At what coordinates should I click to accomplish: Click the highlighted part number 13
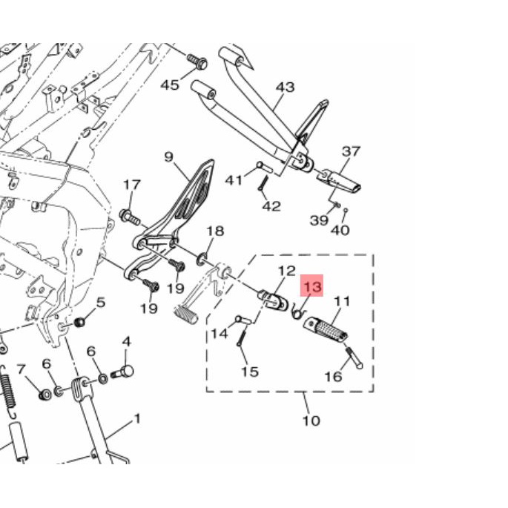coord(312,286)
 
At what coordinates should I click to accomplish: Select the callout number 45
coord(170,85)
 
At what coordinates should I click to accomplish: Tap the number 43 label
coord(286,88)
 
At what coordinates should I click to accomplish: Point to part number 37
coord(352,151)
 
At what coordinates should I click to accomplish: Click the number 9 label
coord(169,157)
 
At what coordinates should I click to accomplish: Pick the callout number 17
coord(132,185)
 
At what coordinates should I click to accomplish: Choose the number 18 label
coord(215,231)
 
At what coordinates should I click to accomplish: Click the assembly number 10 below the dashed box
coord(311,420)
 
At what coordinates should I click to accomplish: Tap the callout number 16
coord(333,377)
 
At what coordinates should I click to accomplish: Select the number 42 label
coord(271,206)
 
